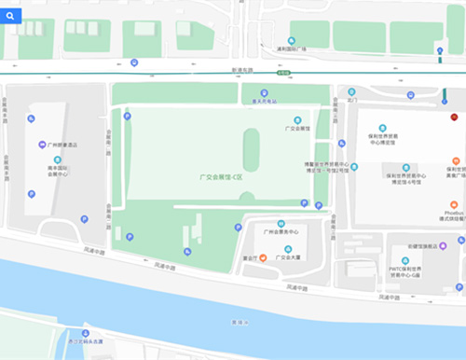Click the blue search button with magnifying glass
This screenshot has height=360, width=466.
(x=13, y=16)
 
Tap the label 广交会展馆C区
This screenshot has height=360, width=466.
(x=221, y=175)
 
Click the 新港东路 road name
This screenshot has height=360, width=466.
(x=241, y=69)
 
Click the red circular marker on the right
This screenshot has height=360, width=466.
(x=454, y=118)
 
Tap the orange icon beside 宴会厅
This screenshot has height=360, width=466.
(x=264, y=256)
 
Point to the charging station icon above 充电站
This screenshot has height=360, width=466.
(x=258, y=91)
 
